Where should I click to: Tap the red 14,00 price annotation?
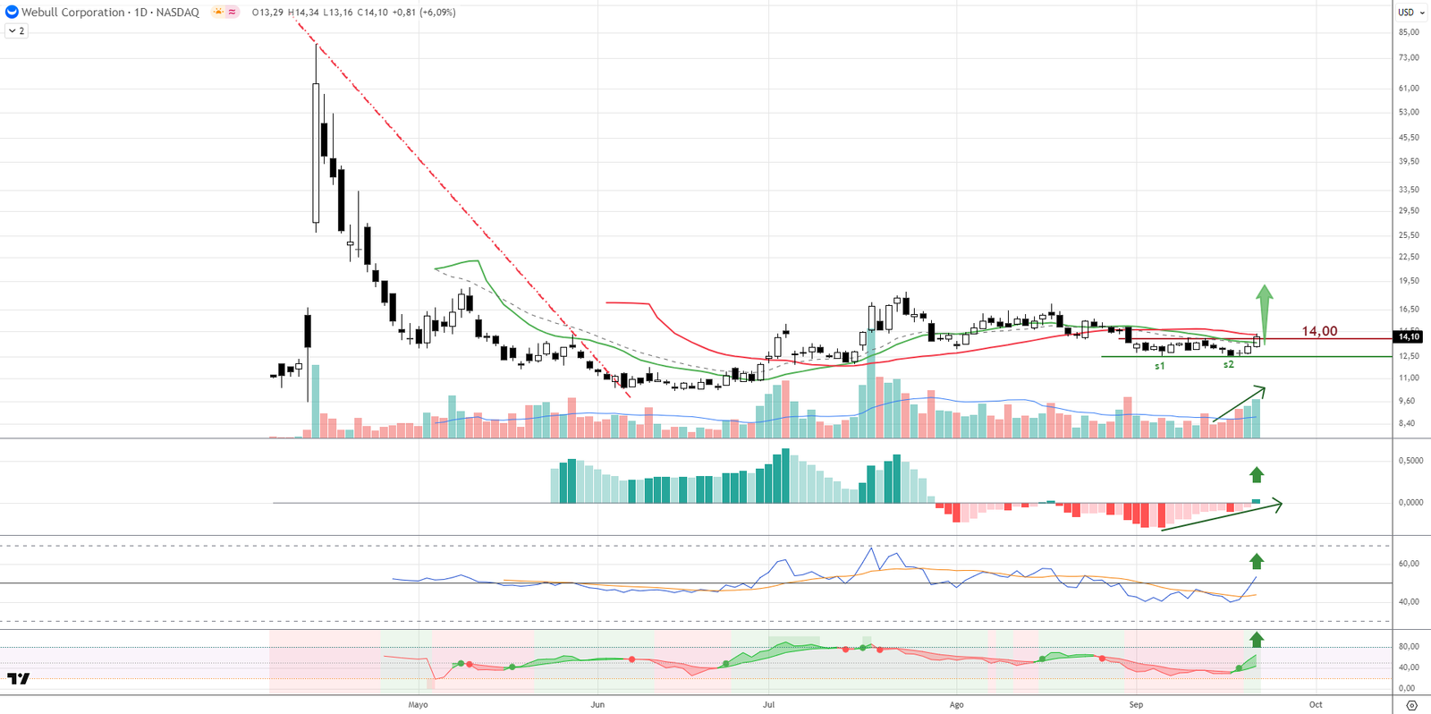[x=1319, y=331]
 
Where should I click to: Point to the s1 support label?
[x=1160, y=366]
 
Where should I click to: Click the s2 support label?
[x=1229, y=365]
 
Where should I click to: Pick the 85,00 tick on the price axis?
[x=1409, y=32]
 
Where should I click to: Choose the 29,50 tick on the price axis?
[x=1409, y=211]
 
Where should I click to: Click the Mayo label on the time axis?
[x=418, y=705]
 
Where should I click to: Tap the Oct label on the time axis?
[x=1316, y=705]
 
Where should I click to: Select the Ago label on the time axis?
[x=956, y=705]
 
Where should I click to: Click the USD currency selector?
[x=1410, y=13]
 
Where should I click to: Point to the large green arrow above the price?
[x=1264, y=309]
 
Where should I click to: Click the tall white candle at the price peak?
[x=316, y=152]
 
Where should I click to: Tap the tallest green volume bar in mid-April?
[x=315, y=401]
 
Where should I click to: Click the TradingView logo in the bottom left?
[x=18, y=679]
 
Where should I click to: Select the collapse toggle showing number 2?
[x=16, y=30]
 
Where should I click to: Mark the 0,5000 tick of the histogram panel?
[x=1410, y=461]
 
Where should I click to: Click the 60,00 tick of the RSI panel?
[x=1409, y=564]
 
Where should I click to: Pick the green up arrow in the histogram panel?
[x=1257, y=474]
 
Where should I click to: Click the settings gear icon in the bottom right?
[x=1411, y=706]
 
